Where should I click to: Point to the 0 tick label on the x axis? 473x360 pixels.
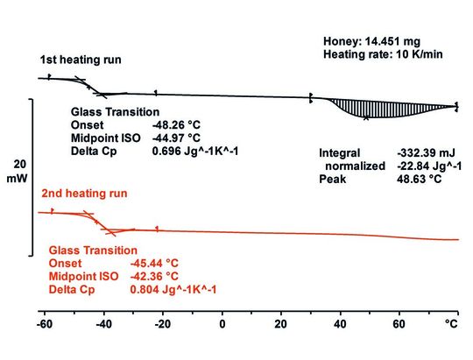coord(222,323)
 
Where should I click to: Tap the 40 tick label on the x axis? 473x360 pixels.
coord(339,323)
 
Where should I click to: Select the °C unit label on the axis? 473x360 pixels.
coord(450,323)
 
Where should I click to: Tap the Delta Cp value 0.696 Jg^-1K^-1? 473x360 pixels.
coord(196,152)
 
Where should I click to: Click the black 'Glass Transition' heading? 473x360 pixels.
coord(115,112)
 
